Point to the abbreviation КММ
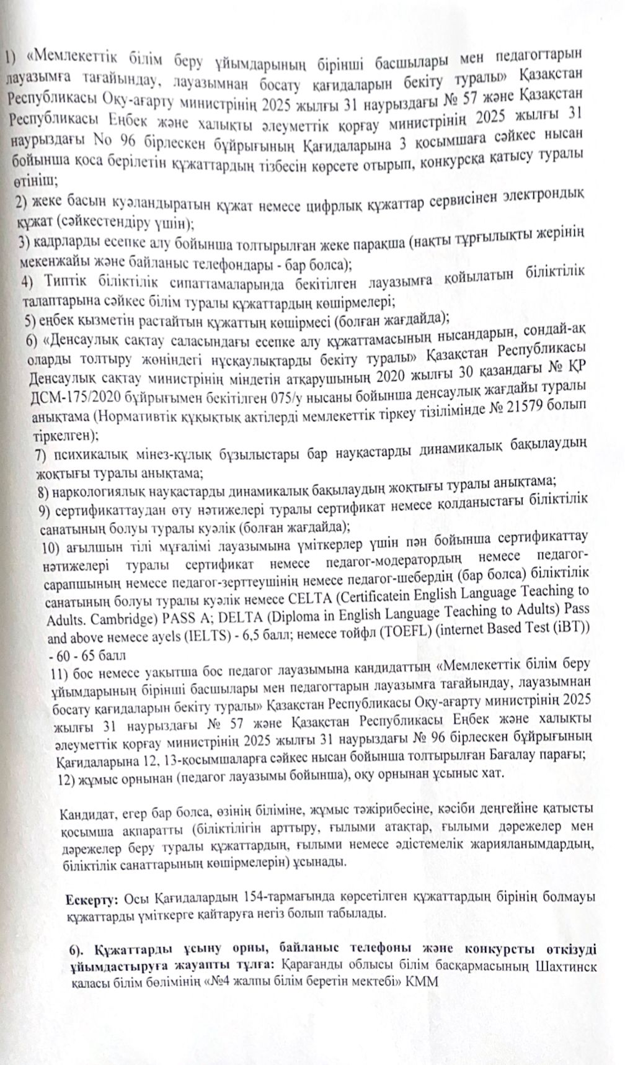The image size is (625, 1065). tap(423, 981)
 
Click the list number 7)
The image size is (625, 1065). tap(43, 455)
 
